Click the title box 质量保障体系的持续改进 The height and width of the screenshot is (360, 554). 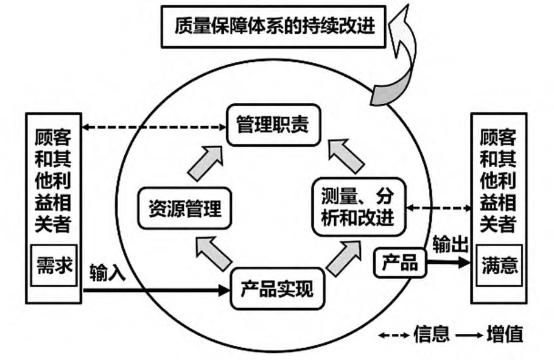click(273, 27)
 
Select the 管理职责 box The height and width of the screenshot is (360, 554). click(273, 125)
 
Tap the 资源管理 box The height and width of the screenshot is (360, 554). click(184, 208)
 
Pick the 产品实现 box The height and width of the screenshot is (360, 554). click(277, 289)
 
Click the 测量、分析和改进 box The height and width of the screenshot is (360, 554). click(359, 207)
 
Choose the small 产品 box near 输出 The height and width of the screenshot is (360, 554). click(400, 263)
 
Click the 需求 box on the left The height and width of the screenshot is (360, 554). click(54, 265)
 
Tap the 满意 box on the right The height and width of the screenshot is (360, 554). click(499, 265)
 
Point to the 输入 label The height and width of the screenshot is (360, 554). click(107, 273)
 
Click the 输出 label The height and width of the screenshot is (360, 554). click(451, 244)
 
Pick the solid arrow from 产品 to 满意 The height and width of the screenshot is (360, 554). click(449, 263)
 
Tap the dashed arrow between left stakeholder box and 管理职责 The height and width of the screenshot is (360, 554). click(154, 127)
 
